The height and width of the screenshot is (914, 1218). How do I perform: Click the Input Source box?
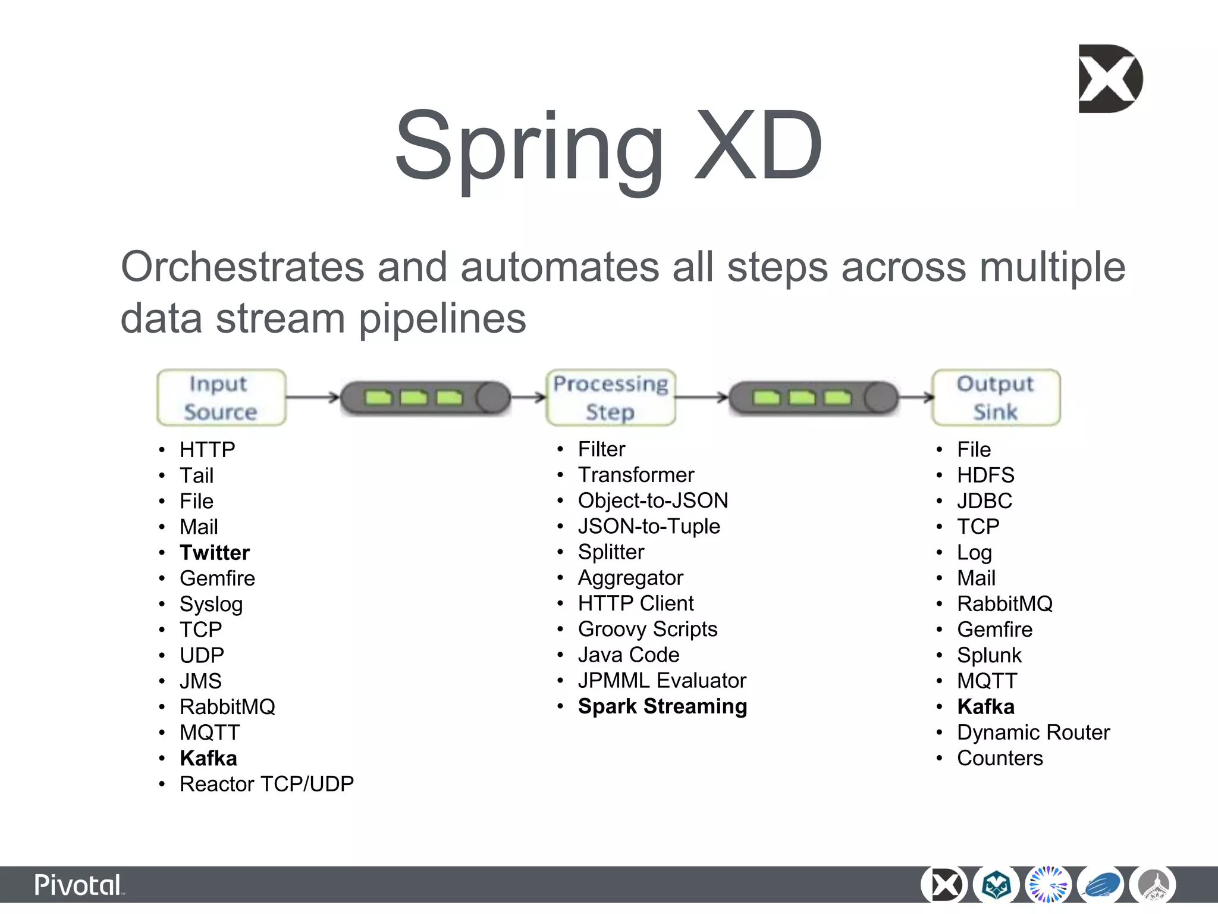(x=221, y=397)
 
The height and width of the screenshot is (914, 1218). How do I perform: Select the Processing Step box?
(x=611, y=397)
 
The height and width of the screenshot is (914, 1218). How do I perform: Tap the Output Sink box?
(x=996, y=397)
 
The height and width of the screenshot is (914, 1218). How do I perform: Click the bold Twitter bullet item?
(x=215, y=553)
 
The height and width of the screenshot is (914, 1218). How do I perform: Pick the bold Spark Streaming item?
(x=663, y=706)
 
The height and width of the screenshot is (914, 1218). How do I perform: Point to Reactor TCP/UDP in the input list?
(x=266, y=784)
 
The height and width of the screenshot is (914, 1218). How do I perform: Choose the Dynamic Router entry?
(x=1033, y=733)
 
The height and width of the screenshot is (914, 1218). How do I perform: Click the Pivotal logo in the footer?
(x=79, y=885)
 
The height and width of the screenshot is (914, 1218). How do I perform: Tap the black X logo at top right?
(x=1110, y=79)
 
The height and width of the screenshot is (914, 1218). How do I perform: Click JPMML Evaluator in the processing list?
(x=662, y=681)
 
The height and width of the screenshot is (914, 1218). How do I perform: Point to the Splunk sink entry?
(x=989, y=655)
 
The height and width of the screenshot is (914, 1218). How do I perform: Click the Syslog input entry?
(x=211, y=605)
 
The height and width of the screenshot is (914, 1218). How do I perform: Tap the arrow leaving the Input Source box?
(x=312, y=397)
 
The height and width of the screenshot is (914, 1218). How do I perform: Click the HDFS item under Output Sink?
(x=985, y=475)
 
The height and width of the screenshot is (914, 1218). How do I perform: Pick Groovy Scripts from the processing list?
(x=648, y=630)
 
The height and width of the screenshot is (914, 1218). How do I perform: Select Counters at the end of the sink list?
(x=1000, y=759)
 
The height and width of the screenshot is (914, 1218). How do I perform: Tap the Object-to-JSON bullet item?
(x=653, y=501)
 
